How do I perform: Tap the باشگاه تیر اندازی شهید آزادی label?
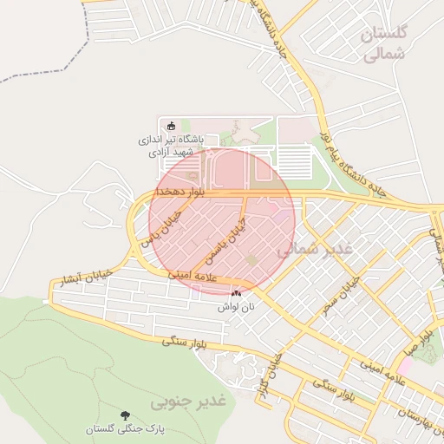coord(173,145)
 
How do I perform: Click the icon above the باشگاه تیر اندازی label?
coord(170,127)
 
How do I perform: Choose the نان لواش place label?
coord(235,307)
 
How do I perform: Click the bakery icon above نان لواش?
coord(236,294)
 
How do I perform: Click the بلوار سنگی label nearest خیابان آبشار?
coord(185,341)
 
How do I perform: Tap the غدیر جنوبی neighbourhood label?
coord(188,401)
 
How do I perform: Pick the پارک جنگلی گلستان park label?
coord(126,429)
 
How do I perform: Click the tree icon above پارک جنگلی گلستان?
coord(126,415)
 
